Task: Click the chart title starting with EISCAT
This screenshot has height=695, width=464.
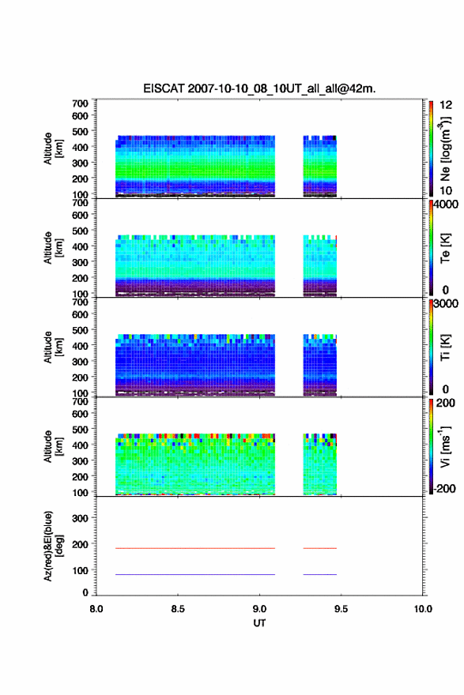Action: [x=259, y=88]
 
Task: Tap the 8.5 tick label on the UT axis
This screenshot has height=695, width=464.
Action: [x=177, y=609]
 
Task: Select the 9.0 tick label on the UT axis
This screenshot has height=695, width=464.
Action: [x=259, y=609]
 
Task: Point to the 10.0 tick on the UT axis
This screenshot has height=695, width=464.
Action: [x=423, y=609]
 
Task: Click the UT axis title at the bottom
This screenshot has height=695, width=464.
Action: [x=259, y=623]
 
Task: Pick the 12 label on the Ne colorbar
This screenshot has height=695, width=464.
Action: [x=446, y=105]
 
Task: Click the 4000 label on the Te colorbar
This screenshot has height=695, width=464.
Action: [x=446, y=205]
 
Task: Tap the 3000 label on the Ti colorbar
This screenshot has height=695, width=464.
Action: [x=446, y=303]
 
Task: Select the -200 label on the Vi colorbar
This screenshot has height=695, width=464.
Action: [x=445, y=488]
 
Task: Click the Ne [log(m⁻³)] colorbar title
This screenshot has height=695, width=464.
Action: [x=445, y=149]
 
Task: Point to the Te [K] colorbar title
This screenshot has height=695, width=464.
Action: [x=445, y=248]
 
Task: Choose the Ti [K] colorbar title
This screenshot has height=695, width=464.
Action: [x=445, y=347]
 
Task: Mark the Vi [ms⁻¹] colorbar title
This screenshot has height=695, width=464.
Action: [x=445, y=446]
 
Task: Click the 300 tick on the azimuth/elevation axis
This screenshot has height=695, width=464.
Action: [x=80, y=518]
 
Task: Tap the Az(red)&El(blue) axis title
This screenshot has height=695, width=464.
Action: [x=53, y=546]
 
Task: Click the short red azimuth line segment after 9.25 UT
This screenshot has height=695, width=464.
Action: [x=320, y=548]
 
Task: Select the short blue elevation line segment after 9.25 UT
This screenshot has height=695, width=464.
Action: [x=320, y=574]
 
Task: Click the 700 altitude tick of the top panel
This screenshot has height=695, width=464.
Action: [x=80, y=103]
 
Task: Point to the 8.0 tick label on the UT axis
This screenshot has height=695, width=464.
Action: [x=96, y=609]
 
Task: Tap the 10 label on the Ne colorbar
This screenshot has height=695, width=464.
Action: [x=446, y=191]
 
